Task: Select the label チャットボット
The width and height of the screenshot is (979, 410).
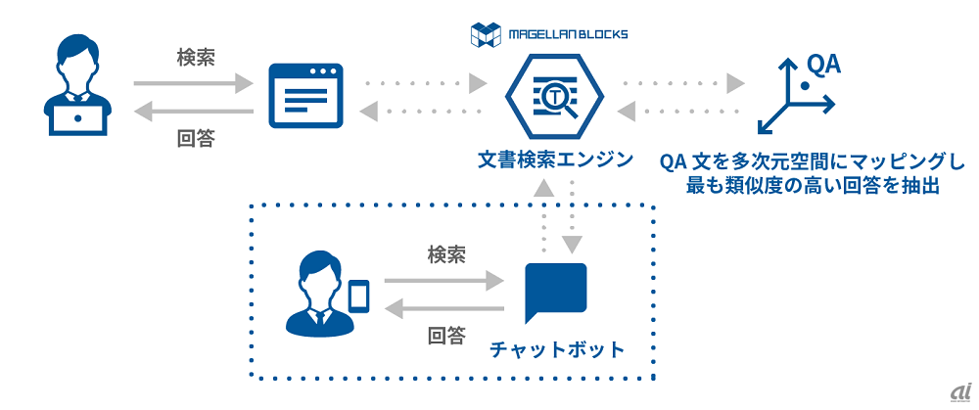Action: pos(555,348)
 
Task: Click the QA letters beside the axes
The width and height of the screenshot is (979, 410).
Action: pos(822,66)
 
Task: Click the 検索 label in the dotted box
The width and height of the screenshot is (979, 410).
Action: pos(446,254)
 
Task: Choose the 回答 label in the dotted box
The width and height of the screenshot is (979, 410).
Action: pos(446,338)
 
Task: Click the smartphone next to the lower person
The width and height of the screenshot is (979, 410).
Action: pos(359,296)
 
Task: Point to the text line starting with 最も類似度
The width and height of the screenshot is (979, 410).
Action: pos(813,186)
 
